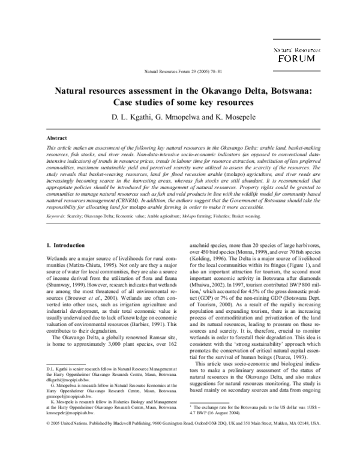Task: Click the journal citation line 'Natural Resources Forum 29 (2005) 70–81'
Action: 179,71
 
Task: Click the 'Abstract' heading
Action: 56,138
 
